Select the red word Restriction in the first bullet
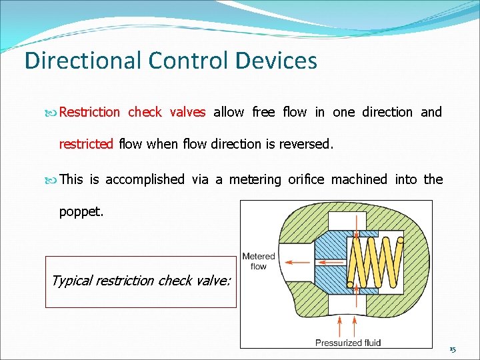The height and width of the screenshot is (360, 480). pyautogui.click(x=89, y=112)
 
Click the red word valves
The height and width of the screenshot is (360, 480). pyautogui.click(x=187, y=112)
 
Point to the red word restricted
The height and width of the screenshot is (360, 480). pyautogui.click(x=87, y=143)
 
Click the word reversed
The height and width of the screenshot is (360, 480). pyautogui.click(x=306, y=143)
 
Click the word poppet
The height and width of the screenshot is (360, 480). pyautogui.click(x=80, y=211)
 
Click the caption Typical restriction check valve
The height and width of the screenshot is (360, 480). pyautogui.click(x=141, y=281)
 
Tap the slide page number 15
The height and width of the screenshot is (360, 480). pyautogui.click(x=453, y=349)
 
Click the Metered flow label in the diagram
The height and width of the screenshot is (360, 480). pyautogui.click(x=259, y=261)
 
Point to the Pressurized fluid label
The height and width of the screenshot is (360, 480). pyautogui.click(x=348, y=343)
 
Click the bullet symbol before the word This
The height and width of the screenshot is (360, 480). pyautogui.click(x=53, y=179)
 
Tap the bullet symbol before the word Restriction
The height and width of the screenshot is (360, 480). pyautogui.click(x=53, y=113)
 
